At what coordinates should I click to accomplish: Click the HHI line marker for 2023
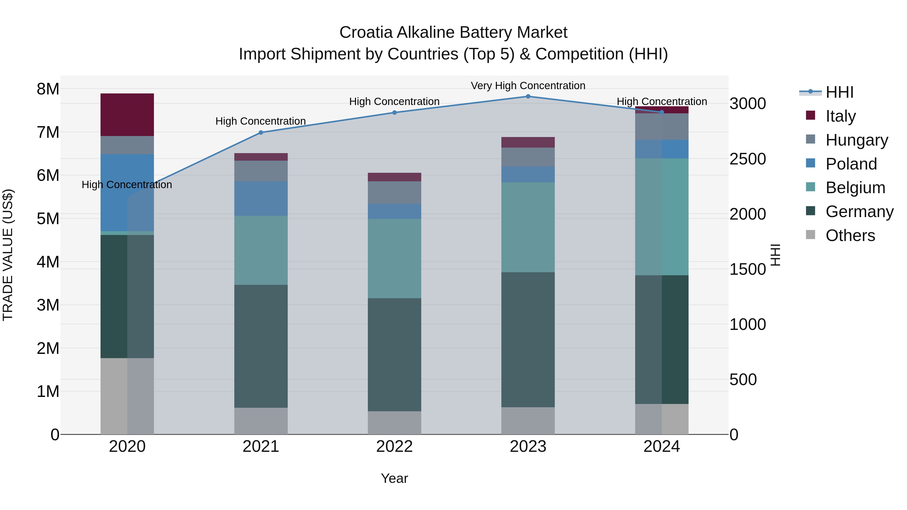coord(528,96)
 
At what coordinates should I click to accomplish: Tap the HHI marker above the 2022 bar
coord(394,113)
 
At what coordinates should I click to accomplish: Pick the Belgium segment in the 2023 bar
coord(528,227)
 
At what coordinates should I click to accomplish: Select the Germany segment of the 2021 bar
coord(261,346)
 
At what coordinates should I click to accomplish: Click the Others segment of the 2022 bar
coord(394,422)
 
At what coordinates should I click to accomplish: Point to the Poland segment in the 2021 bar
coord(261,198)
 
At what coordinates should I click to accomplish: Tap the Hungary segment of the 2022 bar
coord(394,192)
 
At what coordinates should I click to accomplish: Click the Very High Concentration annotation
coord(528,86)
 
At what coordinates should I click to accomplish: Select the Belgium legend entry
coord(855,188)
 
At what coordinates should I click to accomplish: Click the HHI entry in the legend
coord(839,92)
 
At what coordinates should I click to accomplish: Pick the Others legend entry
coord(850,235)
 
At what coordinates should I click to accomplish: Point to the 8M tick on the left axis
coord(48,89)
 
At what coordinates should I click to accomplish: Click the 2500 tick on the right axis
coord(747,159)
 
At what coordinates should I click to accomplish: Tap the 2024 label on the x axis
coord(661,447)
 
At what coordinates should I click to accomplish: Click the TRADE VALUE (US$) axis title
coord(8,255)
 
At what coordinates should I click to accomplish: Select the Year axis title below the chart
coord(394,478)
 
